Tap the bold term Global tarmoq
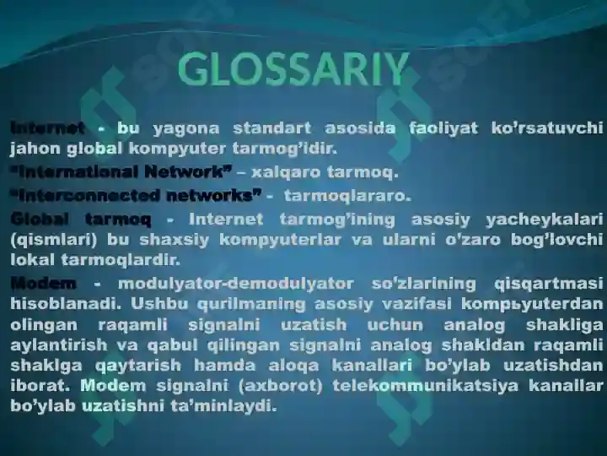click(80, 219)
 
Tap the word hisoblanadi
click(62, 303)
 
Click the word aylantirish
click(61, 345)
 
